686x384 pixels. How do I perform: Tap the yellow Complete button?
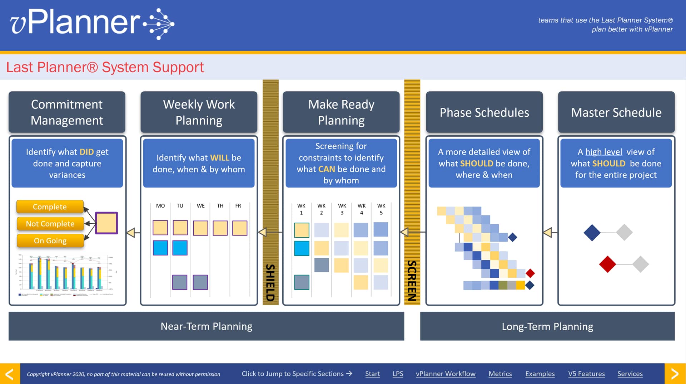pyautogui.click(x=50, y=207)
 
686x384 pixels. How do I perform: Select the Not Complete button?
pyautogui.click(x=50, y=224)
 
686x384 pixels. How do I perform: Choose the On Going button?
pyautogui.click(x=50, y=241)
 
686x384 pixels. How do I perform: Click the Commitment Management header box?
pyautogui.click(x=67, y=112)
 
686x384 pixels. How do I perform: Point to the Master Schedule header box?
pyautogui.click(x=616, y=112)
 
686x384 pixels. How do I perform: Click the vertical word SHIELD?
pyautogui.click(x=270, y=282)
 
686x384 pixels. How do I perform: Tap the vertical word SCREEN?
pyautogui.click(x=412, y=281)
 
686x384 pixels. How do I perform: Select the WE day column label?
pyautogui.click(x=200, y=206)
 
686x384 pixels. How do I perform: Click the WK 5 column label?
pyautogui.click(x=381, y=209)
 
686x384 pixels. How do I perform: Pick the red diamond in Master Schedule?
pyautogui.click(x=607, y=264)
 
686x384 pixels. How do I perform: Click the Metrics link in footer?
pyautogui.click(x=500, y=374)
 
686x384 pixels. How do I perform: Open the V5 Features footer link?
pyautogui.click(x=586, y=374)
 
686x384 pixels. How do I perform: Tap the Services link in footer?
pyautogui.click(x=630, y=374)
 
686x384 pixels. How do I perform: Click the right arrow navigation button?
pyautogui.click(x=675, y=374)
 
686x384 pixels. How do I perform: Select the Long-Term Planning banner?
pyautogui.click(x=547, y=326)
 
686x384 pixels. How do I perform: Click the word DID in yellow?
pyautogui.click(x=86, y=152)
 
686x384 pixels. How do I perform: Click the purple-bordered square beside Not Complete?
pyautogui.click(x=106, y=223)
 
